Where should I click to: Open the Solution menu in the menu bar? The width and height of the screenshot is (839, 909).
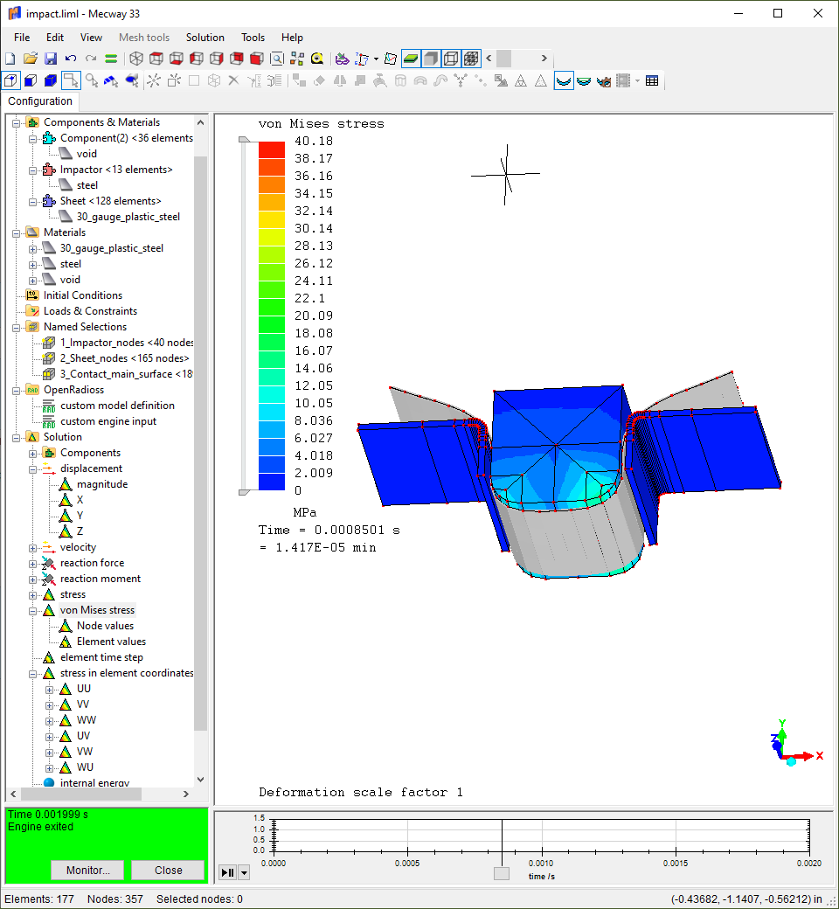205,37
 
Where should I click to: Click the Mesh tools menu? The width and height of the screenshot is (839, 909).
144,37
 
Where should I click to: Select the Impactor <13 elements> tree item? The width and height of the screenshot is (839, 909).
116,170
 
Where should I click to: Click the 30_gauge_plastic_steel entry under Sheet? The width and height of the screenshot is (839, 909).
128,216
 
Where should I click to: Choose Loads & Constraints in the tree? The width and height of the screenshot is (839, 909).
90,311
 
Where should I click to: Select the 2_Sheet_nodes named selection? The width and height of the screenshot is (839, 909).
125,358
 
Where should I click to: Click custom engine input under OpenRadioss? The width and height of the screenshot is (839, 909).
108,421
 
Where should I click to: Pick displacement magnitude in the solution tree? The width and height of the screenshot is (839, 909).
102,484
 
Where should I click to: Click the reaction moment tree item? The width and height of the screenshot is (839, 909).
101,579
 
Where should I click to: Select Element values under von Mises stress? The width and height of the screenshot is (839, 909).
111,642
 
